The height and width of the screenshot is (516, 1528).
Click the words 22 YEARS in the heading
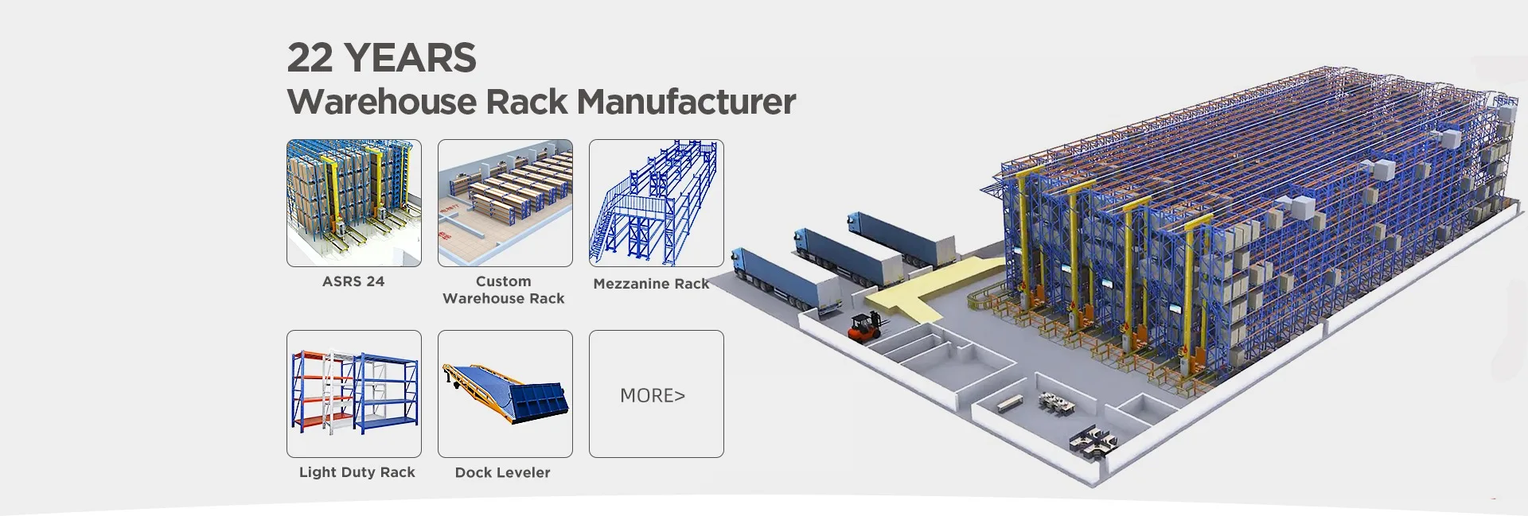click(381, 58)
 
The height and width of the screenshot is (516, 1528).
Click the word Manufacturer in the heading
click(685, 102)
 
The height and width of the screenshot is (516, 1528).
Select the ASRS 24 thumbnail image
click(354, 203)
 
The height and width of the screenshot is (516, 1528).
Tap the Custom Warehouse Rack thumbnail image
click(505, 203)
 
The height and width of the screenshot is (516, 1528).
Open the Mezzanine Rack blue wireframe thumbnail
click(657, 203)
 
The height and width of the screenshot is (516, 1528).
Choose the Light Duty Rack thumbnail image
click(354, 394)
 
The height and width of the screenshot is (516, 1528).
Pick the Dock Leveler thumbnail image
click(505, 394)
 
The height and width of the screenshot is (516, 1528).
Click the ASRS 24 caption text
click(353, 281)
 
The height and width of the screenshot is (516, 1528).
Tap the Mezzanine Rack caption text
click(651, 284)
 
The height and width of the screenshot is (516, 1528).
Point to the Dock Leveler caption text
click(502, 472)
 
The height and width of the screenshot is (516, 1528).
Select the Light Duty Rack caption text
click(357, 472)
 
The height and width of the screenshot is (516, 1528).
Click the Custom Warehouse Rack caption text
click(503, 290)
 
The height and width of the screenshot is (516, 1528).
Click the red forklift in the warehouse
click(863, 327)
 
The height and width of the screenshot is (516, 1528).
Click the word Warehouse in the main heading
click(427, 102)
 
